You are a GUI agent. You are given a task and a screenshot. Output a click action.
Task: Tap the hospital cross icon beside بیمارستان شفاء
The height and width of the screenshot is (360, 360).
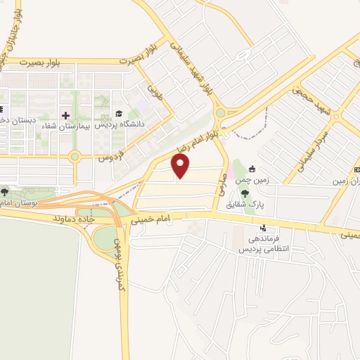pos(65,115)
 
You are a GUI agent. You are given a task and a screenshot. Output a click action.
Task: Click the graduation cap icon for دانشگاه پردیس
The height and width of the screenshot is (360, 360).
pos(119,114)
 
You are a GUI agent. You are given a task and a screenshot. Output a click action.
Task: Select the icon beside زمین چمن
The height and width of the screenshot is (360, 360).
pos(252,169)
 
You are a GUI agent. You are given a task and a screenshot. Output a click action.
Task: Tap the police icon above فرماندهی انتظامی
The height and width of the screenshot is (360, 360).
pos(263,228)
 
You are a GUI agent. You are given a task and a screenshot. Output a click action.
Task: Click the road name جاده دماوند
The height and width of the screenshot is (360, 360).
pos(72,219)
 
